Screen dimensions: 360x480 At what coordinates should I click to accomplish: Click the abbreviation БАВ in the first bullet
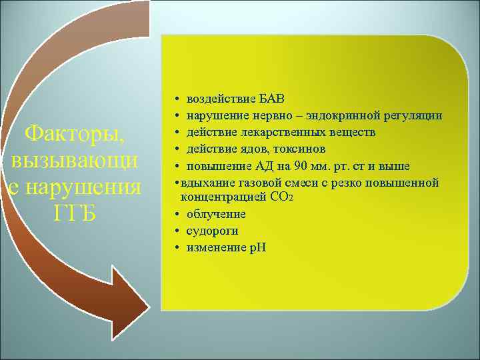(271, 99)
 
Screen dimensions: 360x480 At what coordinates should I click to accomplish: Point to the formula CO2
(277, 198)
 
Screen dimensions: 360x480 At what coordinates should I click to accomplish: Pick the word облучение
(216, 214)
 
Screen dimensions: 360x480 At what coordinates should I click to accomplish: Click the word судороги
(213, 231)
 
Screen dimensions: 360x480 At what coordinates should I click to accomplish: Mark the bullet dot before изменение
(173, 247)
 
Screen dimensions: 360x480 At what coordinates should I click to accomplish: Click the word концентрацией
(219, 197)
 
